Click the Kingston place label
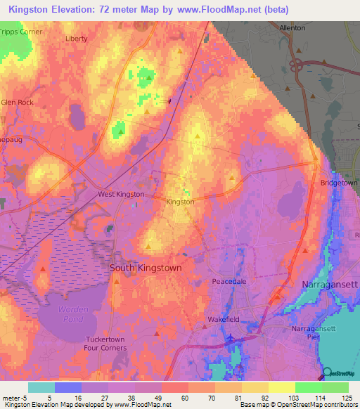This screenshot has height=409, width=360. click(180, 202)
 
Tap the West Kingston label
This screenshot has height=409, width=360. click(122, 194)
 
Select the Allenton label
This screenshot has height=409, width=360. click(292, 27)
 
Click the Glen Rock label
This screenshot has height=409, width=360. click(18, 103)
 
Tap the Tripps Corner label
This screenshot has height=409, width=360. click(21, 32)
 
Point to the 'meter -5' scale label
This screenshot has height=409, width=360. click(15, 397)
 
